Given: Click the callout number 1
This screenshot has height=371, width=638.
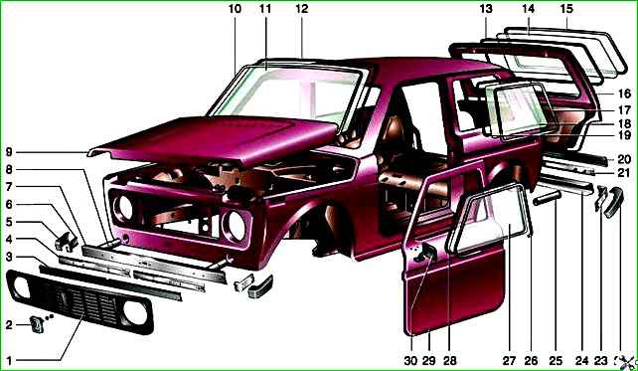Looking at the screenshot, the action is coord(9,360).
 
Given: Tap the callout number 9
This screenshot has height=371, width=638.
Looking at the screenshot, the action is coord(9,153).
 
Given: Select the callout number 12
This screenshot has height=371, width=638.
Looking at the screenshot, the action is coord(301,9).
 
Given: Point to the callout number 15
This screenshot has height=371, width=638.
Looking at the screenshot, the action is coord(566,9).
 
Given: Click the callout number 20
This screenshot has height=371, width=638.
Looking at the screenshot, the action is coord(624,159).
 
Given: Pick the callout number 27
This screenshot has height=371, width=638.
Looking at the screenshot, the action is coord(509,360).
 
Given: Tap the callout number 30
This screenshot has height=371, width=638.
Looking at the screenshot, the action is coord(411,360).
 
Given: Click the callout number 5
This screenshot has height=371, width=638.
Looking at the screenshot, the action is coord(9,223).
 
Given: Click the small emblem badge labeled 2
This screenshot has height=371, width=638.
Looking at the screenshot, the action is coord(37,325).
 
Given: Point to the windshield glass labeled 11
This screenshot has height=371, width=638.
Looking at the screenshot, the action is coord(285,94).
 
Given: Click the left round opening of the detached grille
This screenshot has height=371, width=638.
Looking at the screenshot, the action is coord(22,287).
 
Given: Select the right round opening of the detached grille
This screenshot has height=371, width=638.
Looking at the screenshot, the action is coord(135,312).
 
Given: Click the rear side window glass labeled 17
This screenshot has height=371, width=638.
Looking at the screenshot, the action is coord(522,111).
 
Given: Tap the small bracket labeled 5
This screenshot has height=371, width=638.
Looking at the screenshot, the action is coord(66,242).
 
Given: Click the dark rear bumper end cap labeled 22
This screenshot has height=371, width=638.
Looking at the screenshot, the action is coord(613,202).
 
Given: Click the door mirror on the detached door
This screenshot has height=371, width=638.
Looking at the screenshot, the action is coord(424,253).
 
